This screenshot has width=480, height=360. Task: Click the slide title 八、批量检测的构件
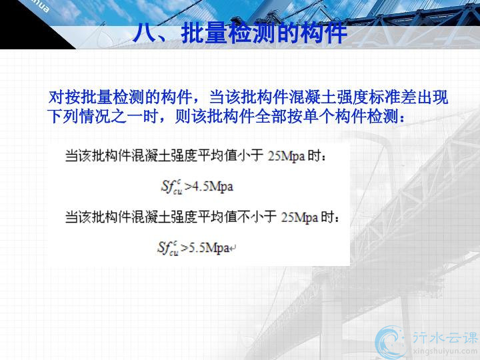click(x=240, y=33)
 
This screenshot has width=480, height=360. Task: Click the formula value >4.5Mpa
click(x=209, y=186)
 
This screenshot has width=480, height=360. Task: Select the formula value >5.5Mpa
click(x=205, y=247)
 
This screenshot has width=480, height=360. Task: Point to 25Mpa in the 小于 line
click(x=287, y=156)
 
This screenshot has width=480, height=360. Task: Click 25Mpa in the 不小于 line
click(x=300, y=217)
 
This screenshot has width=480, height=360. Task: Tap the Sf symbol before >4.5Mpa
click(x=172, y=187)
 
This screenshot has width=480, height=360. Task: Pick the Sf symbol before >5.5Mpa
click(x=168, y=248)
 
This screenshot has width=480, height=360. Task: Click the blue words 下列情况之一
click(x=95, y=117)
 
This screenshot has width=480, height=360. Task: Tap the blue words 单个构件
click(x=327, y=117)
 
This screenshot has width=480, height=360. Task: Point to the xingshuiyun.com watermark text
click(x=445, y=351)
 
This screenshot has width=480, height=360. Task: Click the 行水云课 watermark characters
click(x=445, y=337)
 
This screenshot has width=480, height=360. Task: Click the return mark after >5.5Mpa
click(x=233, y=248)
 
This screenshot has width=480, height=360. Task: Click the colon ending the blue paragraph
click(x=402, y=118)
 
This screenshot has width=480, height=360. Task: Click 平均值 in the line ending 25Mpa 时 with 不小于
click(x=217, y=217)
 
